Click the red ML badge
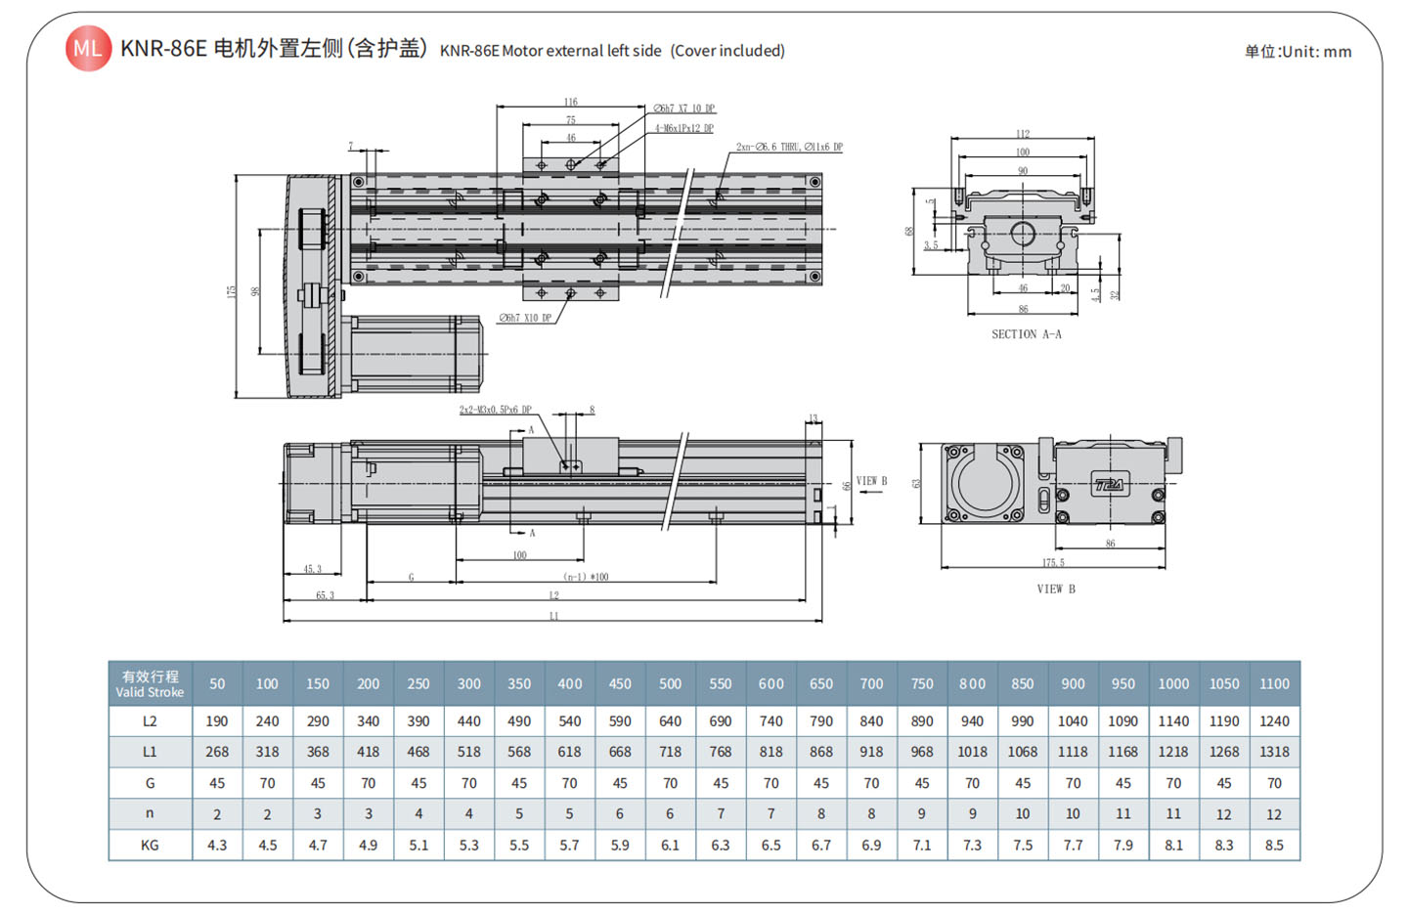(x=88, y=49)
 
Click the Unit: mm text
(x=1298, y=52)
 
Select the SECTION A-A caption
(x=1026, y=334)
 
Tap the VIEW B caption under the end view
(x=1056, y=589)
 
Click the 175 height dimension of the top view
(x=231, y=291)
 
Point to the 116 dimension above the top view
(x=570, y=102)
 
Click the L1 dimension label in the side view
(x=553, y=616)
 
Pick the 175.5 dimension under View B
(x=1053, y=562)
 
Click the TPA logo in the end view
(x=1109, y=484)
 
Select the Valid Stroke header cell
(x=150, y=683)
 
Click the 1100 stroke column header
(x=1274, y=683)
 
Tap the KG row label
(x=150, y=845)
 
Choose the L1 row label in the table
(x=150, y=752)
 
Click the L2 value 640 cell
(x=670, y=721)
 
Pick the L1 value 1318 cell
(x=1274, y=752)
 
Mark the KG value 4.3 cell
(x=217, y=845)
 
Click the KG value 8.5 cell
(x=1274, y=845)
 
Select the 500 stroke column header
(x=670, y=683)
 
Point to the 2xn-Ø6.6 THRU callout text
(x=789, y=147)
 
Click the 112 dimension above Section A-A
(x=1023, y=134)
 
